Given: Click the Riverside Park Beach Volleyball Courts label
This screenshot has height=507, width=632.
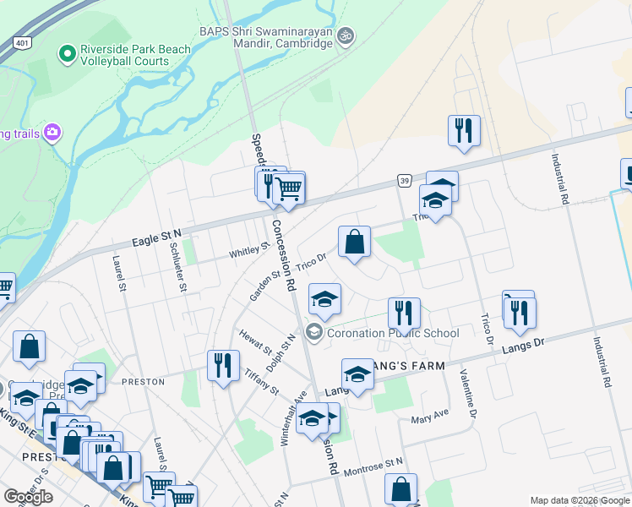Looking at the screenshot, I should pyautogui.click(x=135, y=55).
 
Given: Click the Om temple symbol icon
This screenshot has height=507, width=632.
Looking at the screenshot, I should pyautogui.click(x=345, y=36).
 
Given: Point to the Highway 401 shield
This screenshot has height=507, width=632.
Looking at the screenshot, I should pyautogui.click(x=23, y=43).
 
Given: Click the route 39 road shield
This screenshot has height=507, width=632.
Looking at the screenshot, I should pyautogui.click(x=405, y=181).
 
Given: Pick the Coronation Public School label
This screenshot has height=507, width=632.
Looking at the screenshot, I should pyautogui.click(x=393, y=333).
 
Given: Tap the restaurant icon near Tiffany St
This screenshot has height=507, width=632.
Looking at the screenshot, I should pyautogui.click(x=223, y=365).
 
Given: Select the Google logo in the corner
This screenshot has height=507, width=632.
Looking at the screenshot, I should pyautogui.click(x=29, y=497).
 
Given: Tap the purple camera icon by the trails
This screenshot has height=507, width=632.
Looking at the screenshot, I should pyautogui.click(x=52, y=132).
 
